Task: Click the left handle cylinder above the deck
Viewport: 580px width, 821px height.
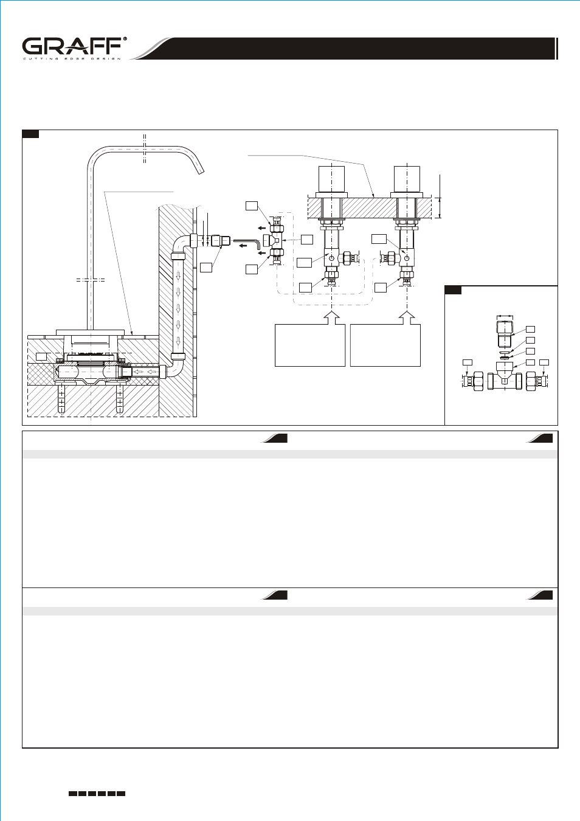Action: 331,179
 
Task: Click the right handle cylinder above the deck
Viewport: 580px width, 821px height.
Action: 407,179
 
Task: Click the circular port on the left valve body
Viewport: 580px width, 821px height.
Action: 331,258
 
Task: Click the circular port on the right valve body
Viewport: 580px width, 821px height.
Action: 407,258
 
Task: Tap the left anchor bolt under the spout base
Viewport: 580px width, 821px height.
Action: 61,397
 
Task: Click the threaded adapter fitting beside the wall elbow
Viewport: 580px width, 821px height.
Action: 221,241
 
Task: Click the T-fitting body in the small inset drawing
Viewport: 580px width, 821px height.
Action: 505,377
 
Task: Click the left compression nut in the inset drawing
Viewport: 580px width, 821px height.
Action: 479,381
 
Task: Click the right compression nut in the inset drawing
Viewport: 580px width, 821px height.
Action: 531,381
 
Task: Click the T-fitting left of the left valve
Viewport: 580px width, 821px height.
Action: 275,240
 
